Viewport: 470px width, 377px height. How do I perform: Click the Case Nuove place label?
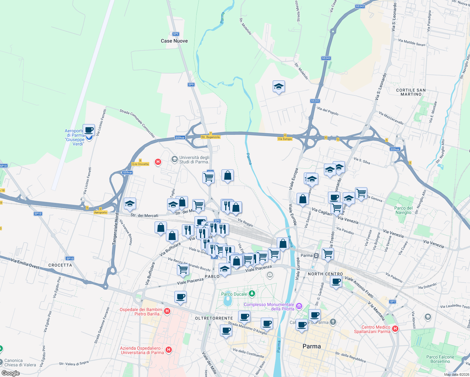[x=174, y=41]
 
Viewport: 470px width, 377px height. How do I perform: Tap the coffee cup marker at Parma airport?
[x=89, y=130]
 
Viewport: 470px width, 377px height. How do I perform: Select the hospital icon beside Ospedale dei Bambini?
[x=167, y=311]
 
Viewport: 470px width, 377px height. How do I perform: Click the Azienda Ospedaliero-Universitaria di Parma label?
[x=142, y=350]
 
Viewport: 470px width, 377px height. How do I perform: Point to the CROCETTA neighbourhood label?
[x=60, y=265]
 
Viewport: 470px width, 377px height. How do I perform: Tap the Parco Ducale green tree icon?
[x=252, y=294]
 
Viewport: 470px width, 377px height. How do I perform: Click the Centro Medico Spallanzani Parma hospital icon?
[x=395, y=329]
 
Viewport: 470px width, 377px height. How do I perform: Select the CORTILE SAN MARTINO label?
[x=411, y=92]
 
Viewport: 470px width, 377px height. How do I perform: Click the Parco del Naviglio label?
[x=403, y=210]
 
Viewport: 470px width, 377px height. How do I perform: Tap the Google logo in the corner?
[x=11, y=373]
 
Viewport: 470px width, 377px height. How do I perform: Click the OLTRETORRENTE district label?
[x=214, y=318]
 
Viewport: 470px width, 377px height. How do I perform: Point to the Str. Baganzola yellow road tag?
[x=210, y=137]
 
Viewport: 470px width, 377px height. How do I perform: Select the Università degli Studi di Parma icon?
[x=174, y=160]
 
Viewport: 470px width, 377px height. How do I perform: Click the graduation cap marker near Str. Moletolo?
[x=279, y=87]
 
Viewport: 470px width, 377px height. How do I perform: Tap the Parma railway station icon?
[x=316, y=255]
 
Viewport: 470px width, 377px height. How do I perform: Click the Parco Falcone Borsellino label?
[x=440, y=359]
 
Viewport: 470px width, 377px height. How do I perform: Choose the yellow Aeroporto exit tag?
[x=101, y=212]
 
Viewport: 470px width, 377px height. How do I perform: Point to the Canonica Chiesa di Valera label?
[x=20, y=363]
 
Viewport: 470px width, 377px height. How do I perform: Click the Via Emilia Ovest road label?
[x=25, y=263]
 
